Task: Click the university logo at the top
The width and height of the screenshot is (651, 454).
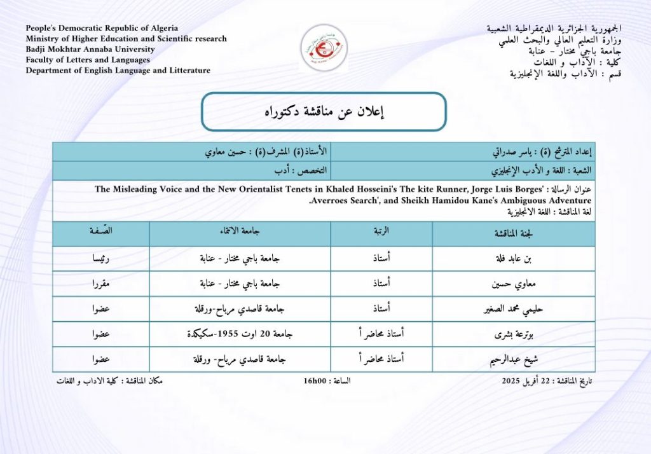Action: (324, 46)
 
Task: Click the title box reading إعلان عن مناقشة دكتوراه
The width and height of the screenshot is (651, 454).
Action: (324, 112)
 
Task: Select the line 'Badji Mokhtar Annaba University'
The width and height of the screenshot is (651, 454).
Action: (90, 49)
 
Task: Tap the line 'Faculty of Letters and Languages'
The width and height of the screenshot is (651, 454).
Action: (88, 60)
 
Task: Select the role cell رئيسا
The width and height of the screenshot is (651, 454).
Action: (100, 259)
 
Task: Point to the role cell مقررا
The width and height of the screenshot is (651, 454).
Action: (100, 284)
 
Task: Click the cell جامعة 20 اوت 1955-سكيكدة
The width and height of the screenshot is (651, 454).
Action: (240, 334)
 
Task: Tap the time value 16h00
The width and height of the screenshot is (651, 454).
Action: (315, 381)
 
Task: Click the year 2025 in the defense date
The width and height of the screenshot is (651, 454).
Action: (512, 381)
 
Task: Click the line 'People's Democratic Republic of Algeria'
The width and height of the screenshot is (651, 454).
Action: (102, 28)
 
